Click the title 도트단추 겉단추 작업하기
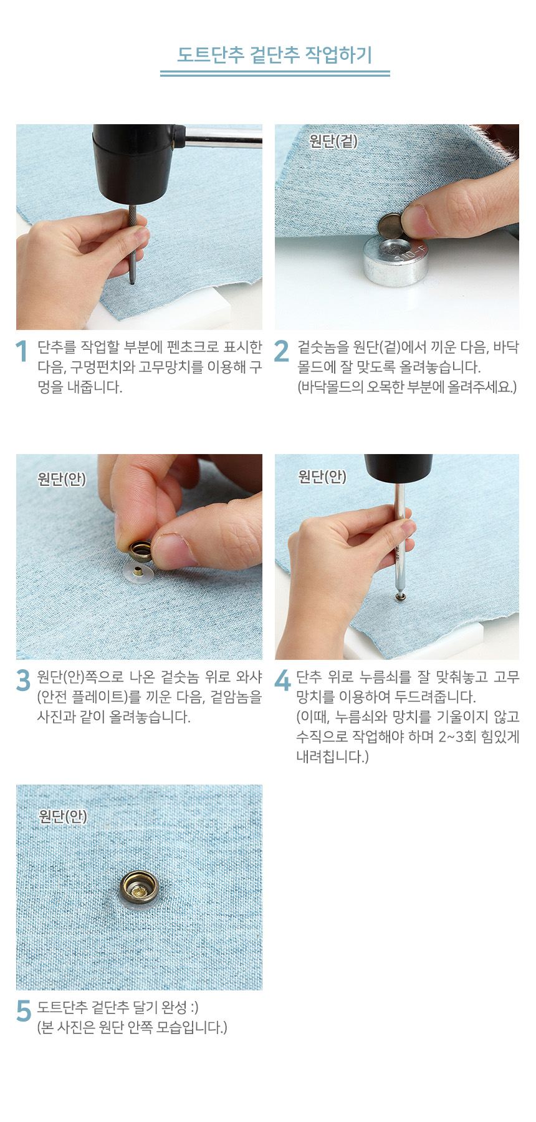(x=275, y=55)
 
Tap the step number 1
(x=22, y=351)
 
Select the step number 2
(x=282, y=351)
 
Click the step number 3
(x=23, y=680)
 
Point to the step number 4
(x=282, y=680)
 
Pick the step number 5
(x=24, y=1011)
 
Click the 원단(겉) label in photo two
(x=333, y=141)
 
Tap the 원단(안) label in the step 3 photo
(x=62, y=479)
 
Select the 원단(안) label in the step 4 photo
(x=322, y=476)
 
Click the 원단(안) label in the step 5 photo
(x=63, y=816)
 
